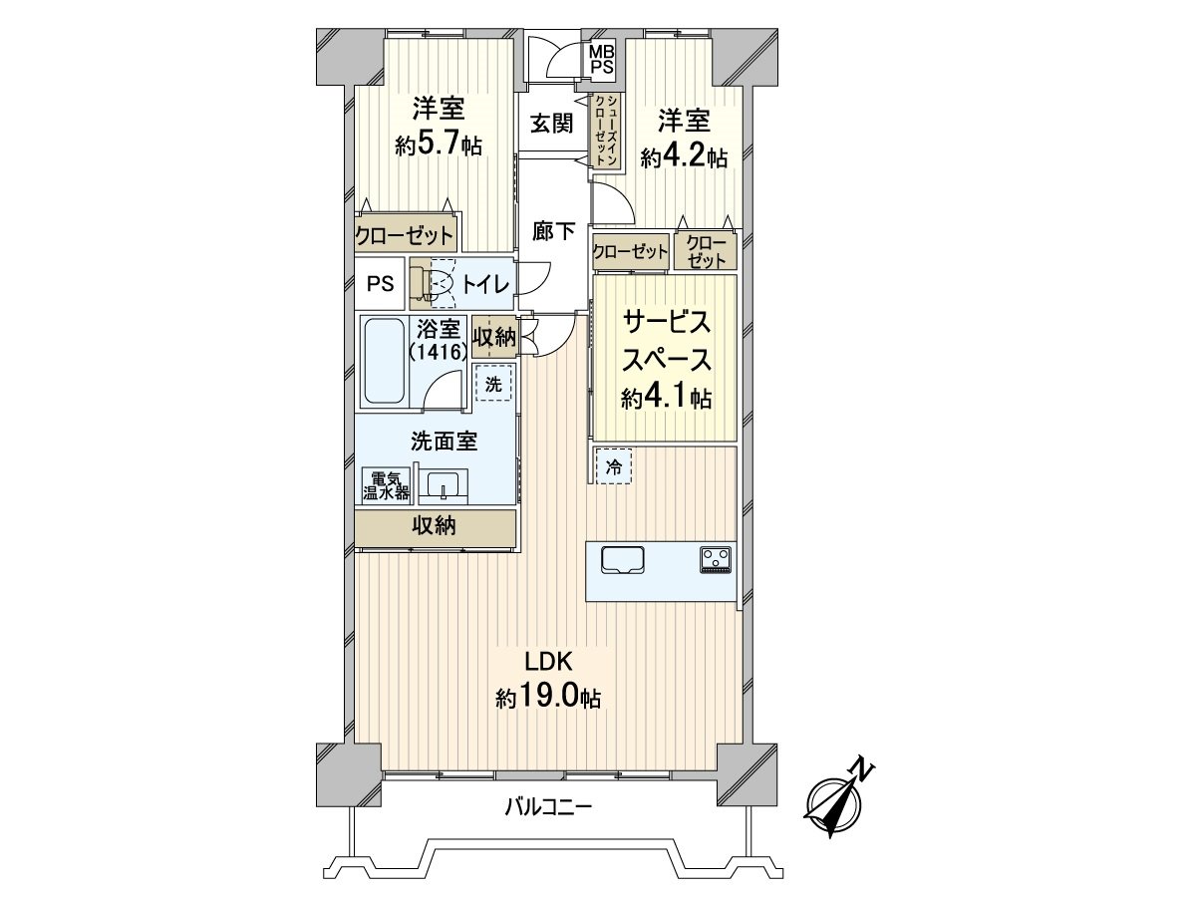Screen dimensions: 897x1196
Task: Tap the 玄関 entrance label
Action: pyautogui.click(x=551, y=124)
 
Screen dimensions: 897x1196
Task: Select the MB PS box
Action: pyautogui.click(x=601, y=60)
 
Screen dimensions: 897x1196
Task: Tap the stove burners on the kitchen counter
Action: pyautogui.click(x=717, y=559)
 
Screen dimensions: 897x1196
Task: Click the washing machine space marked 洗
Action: pyautogui.click(x=492, y=382)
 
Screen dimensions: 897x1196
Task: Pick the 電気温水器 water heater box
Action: pyautogui.click(x=385, y=485)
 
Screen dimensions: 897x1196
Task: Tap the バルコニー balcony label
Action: pyautogui.click(x=548, y=806)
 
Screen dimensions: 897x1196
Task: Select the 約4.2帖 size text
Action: pyautogui.click(x=684, y=157)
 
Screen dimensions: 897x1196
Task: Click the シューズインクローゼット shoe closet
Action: pyautogui.click(x=604, y=129)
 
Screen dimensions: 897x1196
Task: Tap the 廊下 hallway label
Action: pyautogui.click(x=553, y=232)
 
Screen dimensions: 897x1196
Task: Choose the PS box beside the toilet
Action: pyautogui.click(x=379, y=284)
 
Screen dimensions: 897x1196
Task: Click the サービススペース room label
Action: pyautogui.click(x=666, y=340)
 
